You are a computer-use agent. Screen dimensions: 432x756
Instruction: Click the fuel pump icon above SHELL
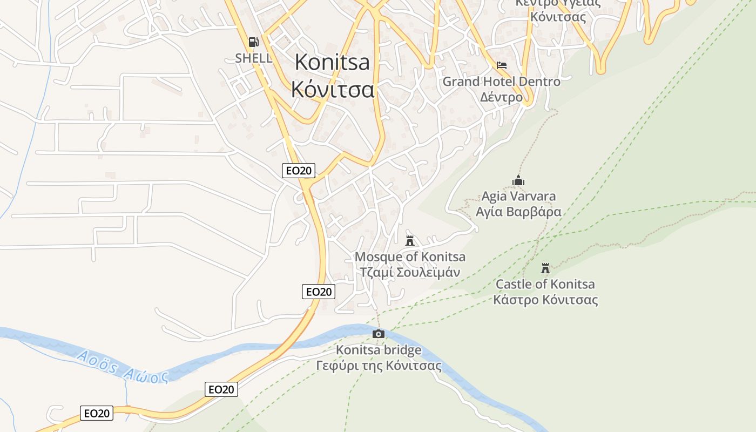pyautogui.click(x=253, y=42)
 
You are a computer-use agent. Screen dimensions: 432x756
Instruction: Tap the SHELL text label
pyautogui.click(x=253, y=58)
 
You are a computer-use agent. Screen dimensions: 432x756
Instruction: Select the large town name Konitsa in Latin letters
pyautogui.click(x=332, y=63)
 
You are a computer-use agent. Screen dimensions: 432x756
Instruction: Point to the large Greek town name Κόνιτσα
pyautogui.click(x=332, y=89)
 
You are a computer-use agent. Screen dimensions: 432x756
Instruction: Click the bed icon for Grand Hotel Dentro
pyautogui.click(x=502, y=65)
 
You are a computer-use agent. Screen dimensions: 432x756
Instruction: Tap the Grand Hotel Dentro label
pyautogui.click(x=502, y=82)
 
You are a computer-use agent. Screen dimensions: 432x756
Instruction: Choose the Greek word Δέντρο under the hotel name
pyautogui.click(x=502, y=97)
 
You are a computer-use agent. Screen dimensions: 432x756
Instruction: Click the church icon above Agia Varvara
pyautogui.click(x=518, y=180)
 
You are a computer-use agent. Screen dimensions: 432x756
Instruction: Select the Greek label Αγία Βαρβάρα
pyautogui.click(x=518, y=211)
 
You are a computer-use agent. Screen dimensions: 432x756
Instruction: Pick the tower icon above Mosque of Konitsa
pyautogui.click(x=410, y=240)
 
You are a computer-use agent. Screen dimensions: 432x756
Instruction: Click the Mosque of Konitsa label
pyautogui.click(x=410, y=256)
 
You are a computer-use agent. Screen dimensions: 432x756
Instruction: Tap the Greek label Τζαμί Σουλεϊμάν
pyautogui.click(x=410, y=272)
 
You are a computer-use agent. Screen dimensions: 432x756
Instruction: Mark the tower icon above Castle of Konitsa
pyautogui.click(x=545, y=268)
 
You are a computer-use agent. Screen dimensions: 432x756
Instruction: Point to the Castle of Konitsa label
pyautogui.click(x=545, y=284)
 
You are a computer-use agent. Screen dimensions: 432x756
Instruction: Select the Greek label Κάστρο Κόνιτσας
pyautogui.click(x=545, y=300)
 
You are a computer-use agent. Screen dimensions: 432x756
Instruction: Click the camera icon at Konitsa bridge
pyautogui.click(x=379, y=334)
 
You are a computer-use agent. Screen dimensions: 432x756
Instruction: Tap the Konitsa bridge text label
pyautogui.click(x=379, y=350)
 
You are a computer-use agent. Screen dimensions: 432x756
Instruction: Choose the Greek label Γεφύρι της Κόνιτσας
pyautogui.click(x=379, y=366)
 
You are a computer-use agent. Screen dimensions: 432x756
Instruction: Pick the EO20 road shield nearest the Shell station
pyautogui.click(x=299, y=171)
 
